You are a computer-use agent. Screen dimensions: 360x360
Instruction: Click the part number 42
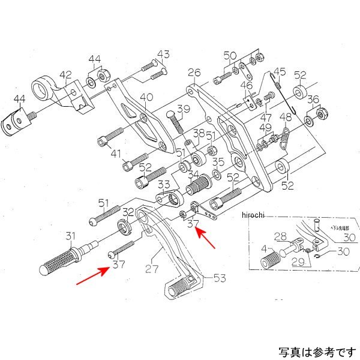65,75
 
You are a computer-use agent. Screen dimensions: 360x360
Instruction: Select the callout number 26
193,74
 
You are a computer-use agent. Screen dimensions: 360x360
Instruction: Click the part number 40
146,97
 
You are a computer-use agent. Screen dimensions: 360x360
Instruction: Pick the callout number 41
116,154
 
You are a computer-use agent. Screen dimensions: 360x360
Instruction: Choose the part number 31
71,235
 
